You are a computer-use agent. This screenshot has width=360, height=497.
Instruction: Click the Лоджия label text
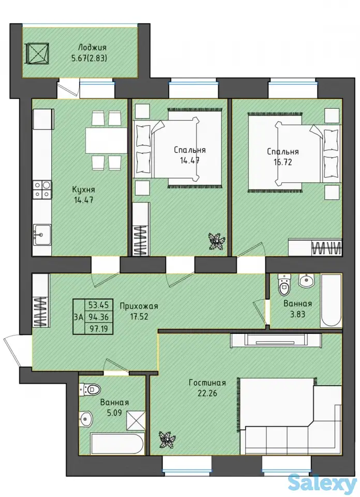92,48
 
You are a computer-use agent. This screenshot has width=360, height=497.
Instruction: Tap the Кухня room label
84,190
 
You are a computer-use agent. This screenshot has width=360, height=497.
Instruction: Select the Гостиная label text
207,383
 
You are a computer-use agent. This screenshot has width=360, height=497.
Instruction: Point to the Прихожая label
139,306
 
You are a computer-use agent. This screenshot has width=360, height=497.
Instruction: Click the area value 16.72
283,162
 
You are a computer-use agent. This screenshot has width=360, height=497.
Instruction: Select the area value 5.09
114,413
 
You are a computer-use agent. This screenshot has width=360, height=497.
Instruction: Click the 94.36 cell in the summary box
98,317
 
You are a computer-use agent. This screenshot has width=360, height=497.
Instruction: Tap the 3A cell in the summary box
79,317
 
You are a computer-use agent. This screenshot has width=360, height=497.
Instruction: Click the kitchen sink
42,235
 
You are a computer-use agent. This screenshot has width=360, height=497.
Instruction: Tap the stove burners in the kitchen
42,189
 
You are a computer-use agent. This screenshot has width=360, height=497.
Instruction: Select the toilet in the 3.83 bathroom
284,284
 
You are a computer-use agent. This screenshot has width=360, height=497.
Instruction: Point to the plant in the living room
166,440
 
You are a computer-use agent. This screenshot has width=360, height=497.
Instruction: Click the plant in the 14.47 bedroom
217,241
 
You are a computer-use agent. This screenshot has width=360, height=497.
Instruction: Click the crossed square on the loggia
38,53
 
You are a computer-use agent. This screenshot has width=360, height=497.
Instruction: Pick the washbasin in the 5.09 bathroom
86,418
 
